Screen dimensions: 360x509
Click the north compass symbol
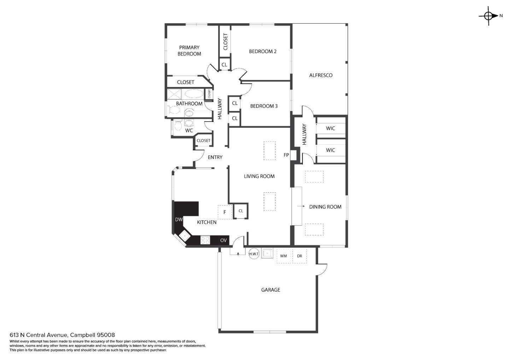489,16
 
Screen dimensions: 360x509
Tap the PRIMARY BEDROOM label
189,51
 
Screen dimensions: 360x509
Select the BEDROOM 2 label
263,51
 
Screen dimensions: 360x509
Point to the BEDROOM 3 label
264,106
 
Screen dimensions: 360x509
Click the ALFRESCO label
321,75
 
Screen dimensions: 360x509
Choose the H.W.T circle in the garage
254,254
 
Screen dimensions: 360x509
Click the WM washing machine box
283,256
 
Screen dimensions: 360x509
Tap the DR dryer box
299,256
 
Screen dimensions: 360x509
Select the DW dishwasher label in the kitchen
179,220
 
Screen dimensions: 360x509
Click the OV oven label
223,240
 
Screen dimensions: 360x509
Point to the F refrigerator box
224,212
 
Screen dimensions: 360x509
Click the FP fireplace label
286,155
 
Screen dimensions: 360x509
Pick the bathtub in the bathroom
194,94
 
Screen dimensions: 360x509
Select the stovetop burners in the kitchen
205,240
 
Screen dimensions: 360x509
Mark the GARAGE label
270,290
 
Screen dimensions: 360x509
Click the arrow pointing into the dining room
301,206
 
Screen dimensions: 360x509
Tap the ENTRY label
215,157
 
